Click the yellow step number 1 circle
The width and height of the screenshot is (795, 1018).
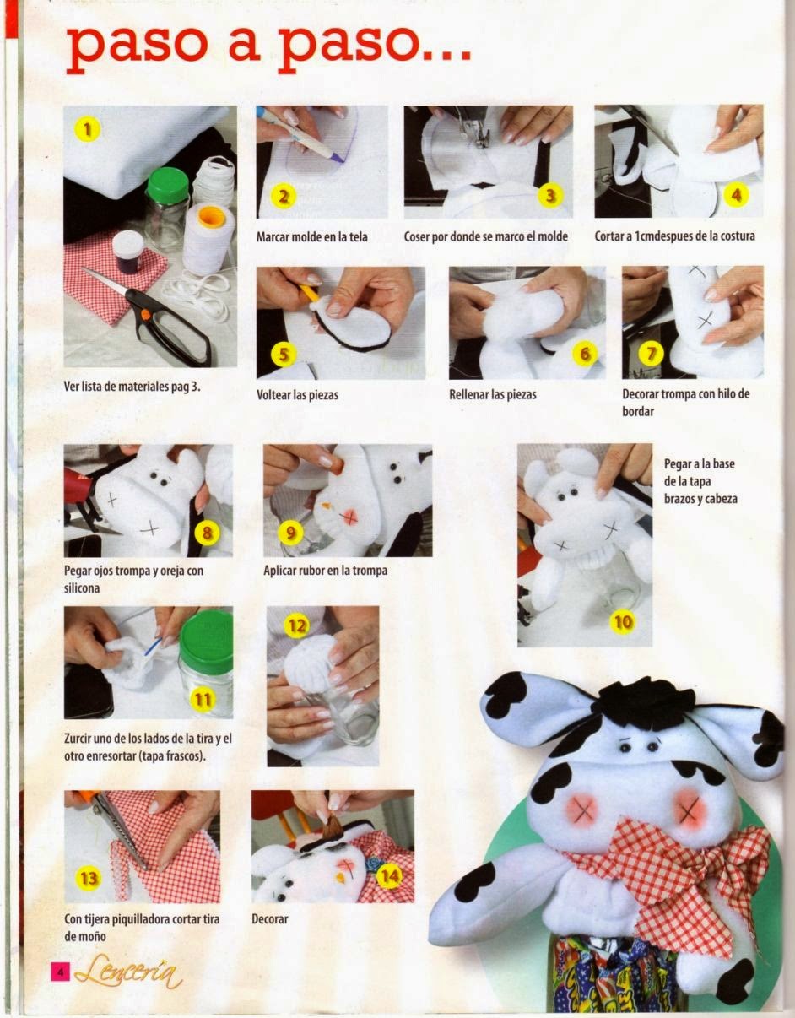pyautogui.click(x=88, y=129)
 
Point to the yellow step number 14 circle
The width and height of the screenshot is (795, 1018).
pyautogui.click(x=388, y=875)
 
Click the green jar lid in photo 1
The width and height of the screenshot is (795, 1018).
pyautogui.click(x=168, y=185)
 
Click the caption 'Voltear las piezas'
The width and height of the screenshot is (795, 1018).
pyautogui.click(x=297, y=395)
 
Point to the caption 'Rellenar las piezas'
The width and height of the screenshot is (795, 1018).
pyautogui.click(x=493, y=394)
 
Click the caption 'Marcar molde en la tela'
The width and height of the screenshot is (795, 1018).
pyautogui.click(x=311, y=236)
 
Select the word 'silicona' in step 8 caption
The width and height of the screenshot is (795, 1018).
pyautogui.click(x=82, y=588)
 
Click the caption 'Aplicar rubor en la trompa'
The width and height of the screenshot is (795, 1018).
pyautogui.click(x=326, y=571)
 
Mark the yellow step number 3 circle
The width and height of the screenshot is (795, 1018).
pyautogui.click(x=550, y=195)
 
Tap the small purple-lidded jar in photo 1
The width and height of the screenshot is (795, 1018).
pyautogui.click(x=127, y=252)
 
